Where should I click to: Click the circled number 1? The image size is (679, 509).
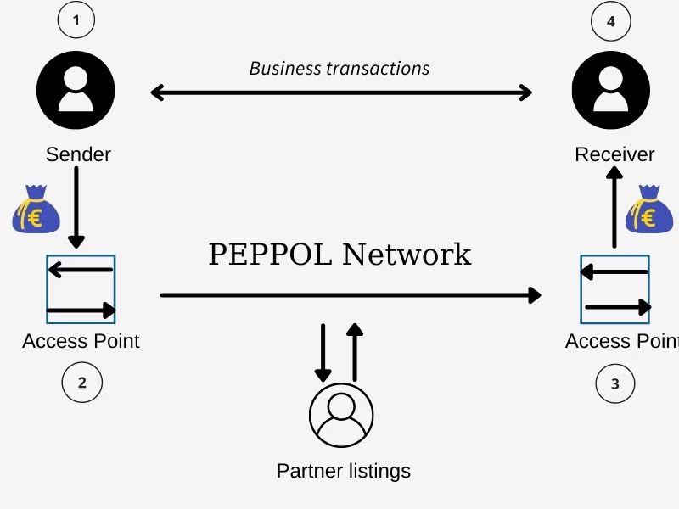76,21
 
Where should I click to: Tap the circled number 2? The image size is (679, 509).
82,383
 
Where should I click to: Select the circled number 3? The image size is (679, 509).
614,384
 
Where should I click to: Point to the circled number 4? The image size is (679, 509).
610,22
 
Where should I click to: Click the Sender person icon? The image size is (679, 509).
76,89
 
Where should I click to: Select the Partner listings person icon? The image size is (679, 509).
341,415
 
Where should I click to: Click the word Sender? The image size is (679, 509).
78,154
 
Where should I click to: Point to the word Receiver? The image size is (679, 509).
614,154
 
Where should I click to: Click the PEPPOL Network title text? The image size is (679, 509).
339,255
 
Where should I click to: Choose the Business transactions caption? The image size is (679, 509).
339,68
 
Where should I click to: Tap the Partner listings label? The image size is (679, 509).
344,471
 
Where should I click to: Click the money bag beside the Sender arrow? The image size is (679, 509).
36,212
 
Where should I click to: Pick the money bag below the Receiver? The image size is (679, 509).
648,212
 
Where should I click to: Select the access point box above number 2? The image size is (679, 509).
81,289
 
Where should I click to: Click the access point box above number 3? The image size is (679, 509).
615,289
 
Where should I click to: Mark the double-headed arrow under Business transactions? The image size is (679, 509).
341,92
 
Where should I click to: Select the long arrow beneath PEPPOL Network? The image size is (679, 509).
350,295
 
